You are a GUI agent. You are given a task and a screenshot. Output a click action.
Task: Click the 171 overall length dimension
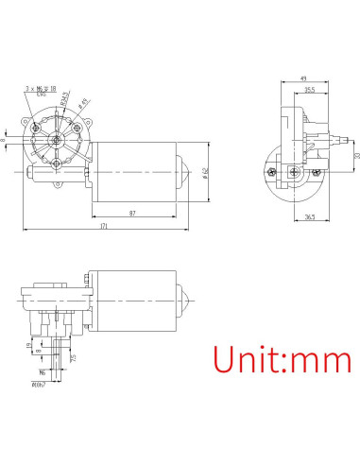(x=104, y=227)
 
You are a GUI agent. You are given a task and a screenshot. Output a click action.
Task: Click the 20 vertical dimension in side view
(x=356, y=155)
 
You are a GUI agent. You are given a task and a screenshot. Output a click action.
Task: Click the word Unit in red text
(x=248, y=361)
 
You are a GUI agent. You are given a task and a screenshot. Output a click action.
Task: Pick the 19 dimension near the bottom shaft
(x=27, y=347)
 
